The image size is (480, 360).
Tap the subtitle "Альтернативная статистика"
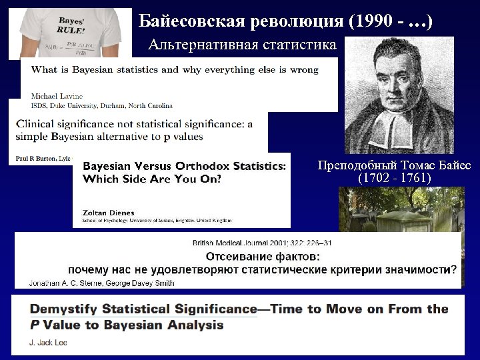click(243, 45)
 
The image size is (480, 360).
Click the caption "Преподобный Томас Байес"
click(394, 166)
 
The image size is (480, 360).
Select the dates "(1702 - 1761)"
click(394, 179)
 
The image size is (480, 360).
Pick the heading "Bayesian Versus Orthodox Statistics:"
click(186, 165)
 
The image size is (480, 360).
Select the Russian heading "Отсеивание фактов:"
click(262, 257)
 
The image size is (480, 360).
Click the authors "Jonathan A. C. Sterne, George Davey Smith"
click(102, 283)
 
